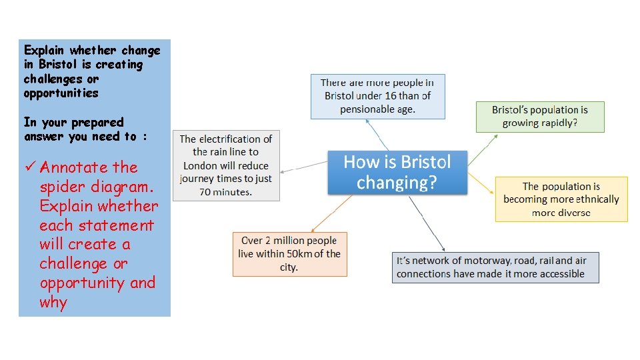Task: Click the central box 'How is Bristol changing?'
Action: (x=397, y=172)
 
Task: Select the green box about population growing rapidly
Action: (x=540, y=117)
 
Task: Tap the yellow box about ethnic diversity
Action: (x=561, y=199)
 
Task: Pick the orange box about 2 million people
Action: (x=289, y=253)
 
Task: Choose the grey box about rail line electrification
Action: (x=226, y=165)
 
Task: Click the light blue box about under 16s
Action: (x=377, y=96)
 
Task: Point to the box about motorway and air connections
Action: (x=495, y=267)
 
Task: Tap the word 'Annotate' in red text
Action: (x=74, y=167)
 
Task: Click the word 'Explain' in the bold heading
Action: (x=44, y=51)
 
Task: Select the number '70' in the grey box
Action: (x=207, y=192)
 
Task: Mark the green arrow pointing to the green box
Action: (x=485, y=146)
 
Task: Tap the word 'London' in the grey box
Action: (x=202, y=165)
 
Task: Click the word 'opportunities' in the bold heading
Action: (x=61, y=93)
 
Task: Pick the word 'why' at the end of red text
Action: (x=53, y=302)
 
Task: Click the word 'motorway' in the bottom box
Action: (x=475, y=261)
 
